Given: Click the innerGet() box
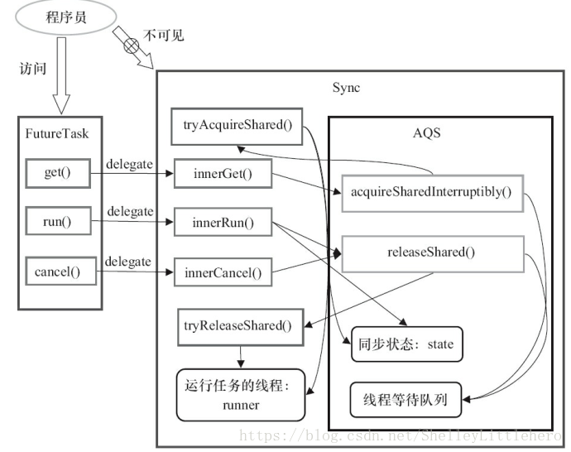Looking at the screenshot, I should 222,174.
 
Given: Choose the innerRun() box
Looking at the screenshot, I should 222,224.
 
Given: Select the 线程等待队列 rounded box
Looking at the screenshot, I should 405,400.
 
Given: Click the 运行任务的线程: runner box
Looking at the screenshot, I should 240,394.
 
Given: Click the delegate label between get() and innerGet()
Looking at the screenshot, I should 129,164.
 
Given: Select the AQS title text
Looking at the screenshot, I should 428,132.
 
